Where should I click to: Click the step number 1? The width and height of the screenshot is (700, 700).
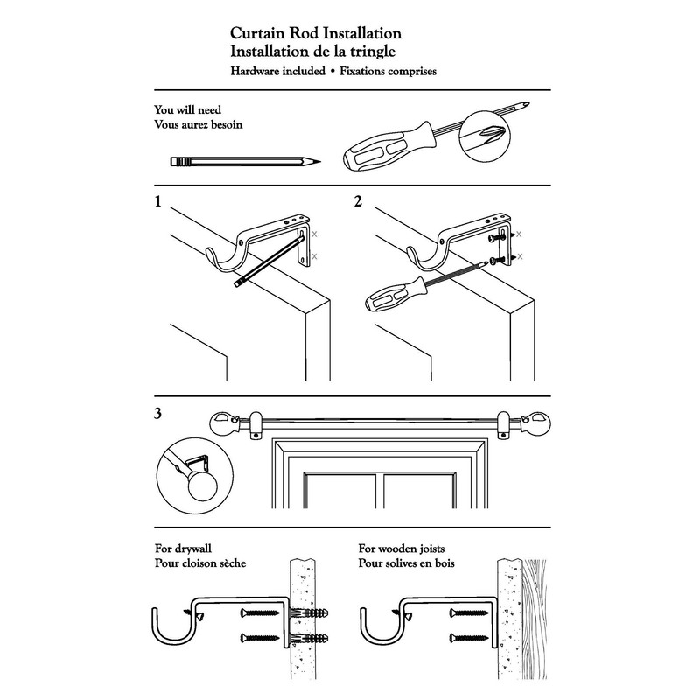(x=157, y=202)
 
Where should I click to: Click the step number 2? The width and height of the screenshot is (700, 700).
(x=358, y=202)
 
